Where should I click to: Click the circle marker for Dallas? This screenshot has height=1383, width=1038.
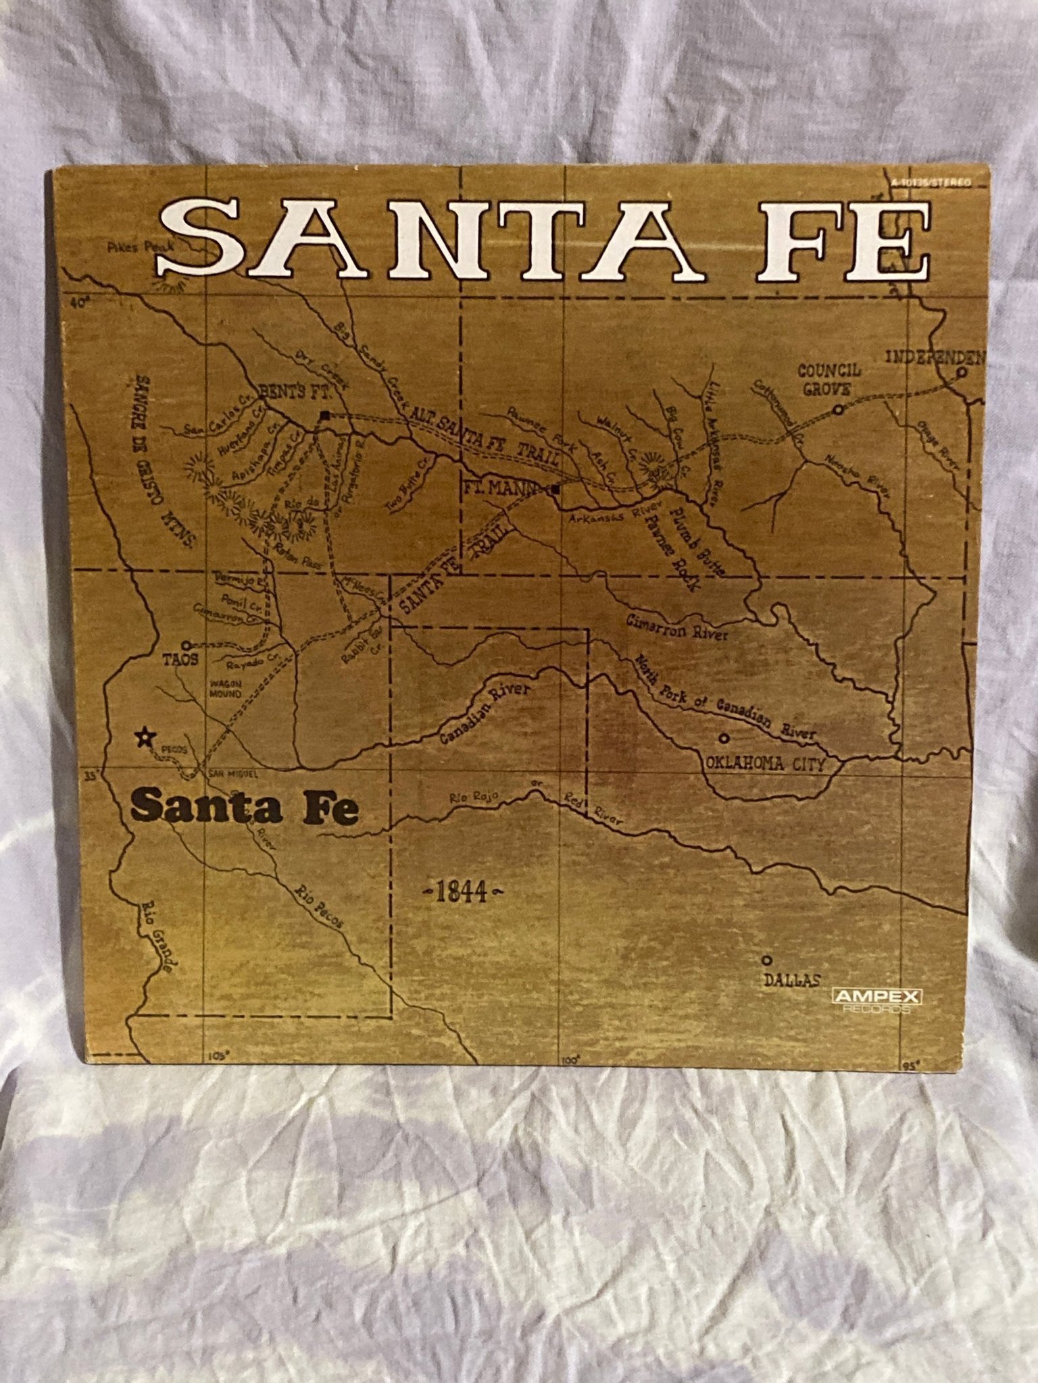click(x=766, y=960)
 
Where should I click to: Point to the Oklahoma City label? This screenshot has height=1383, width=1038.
click(x=766, y=764)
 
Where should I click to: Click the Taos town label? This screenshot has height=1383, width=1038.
click(x=180, y=660)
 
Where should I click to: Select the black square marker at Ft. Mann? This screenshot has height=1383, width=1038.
click(x=555, y=489)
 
